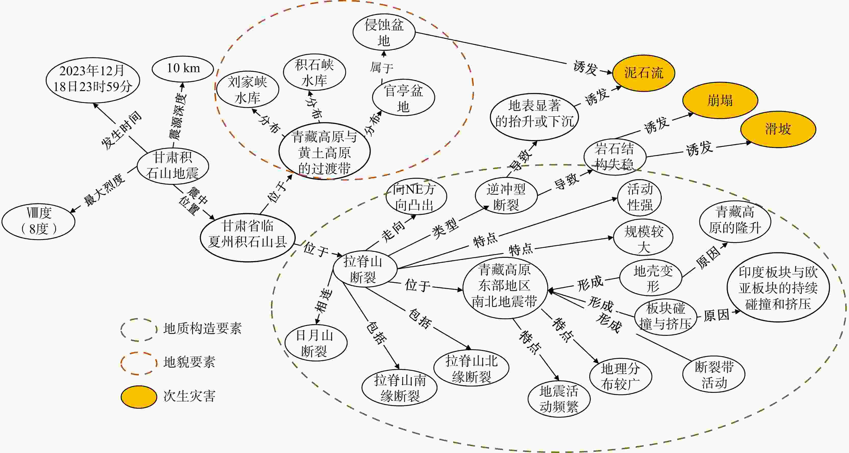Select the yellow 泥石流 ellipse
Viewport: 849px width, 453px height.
[644, 73]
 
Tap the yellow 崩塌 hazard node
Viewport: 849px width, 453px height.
[720, 100]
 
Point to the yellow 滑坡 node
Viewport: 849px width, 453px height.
[778, 129]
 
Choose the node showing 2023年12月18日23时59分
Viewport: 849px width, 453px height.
[93, 80]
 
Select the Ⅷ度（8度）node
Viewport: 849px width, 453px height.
[39, 221]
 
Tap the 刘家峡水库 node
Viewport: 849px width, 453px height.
[247, 90]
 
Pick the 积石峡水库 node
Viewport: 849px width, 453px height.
[314, 72]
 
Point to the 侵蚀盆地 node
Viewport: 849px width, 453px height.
[384, 32]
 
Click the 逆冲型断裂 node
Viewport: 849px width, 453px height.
[506, 196]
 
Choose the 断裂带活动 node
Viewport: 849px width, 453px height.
[714, 375]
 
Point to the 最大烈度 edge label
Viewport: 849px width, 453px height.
[104, 190]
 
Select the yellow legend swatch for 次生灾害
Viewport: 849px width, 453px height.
[139, 397]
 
